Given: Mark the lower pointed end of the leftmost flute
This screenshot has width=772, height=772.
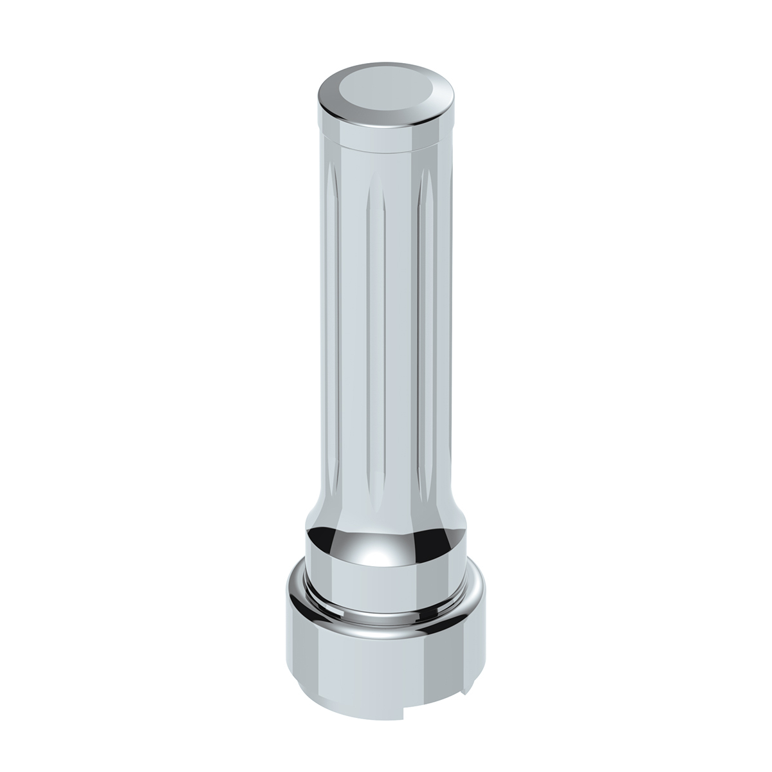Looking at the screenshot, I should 333,495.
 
